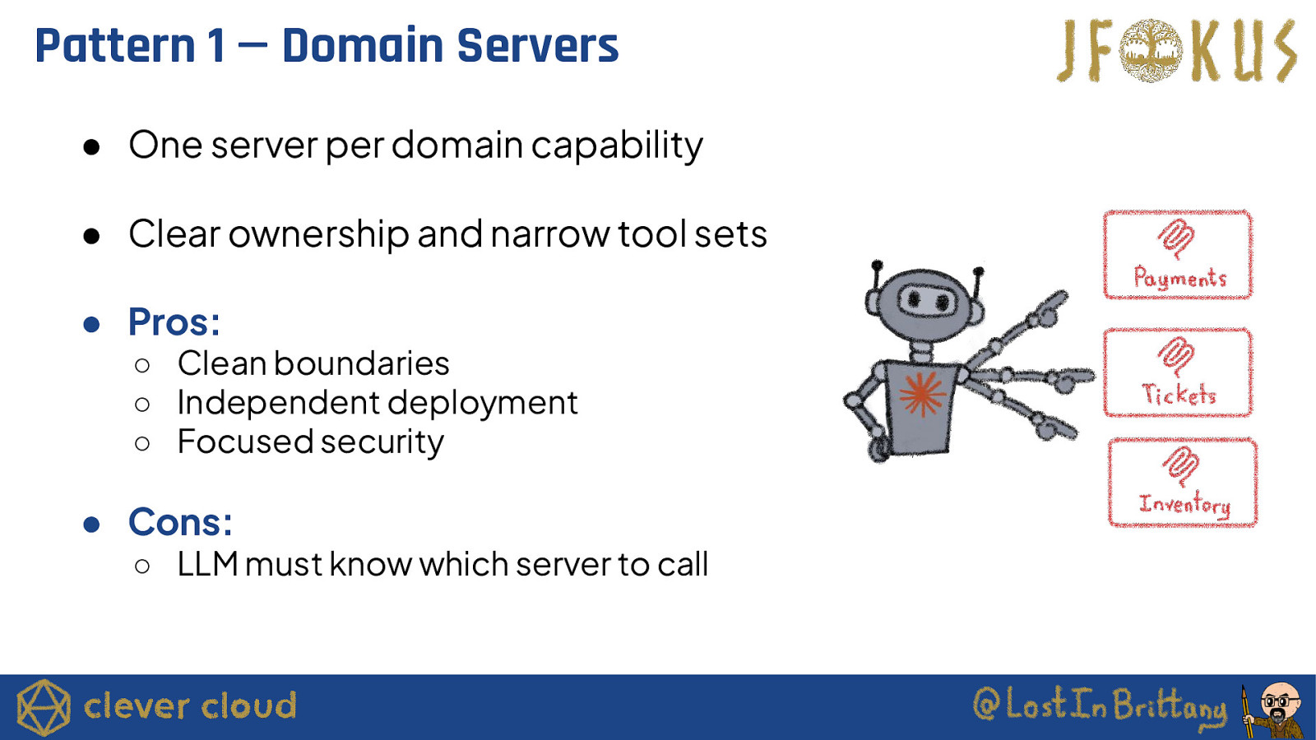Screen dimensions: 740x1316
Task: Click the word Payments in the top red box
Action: pos(1179,279)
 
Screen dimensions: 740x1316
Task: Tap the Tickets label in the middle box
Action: pos(1179,395)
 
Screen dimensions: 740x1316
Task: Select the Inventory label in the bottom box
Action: pos(1184,504)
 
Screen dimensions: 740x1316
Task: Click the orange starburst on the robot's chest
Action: pos(921,394)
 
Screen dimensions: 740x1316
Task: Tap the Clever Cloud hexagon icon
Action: pos(44,707)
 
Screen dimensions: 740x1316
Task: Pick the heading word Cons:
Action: pos(180,522)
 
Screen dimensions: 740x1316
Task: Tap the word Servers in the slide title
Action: pos(537,46)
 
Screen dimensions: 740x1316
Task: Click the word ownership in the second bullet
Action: pos(318,234)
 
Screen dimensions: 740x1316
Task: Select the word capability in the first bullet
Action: pos(616,146)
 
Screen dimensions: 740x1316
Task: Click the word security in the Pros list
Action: pos(382,442)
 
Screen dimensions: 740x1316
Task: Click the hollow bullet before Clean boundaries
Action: pos(142,365)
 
